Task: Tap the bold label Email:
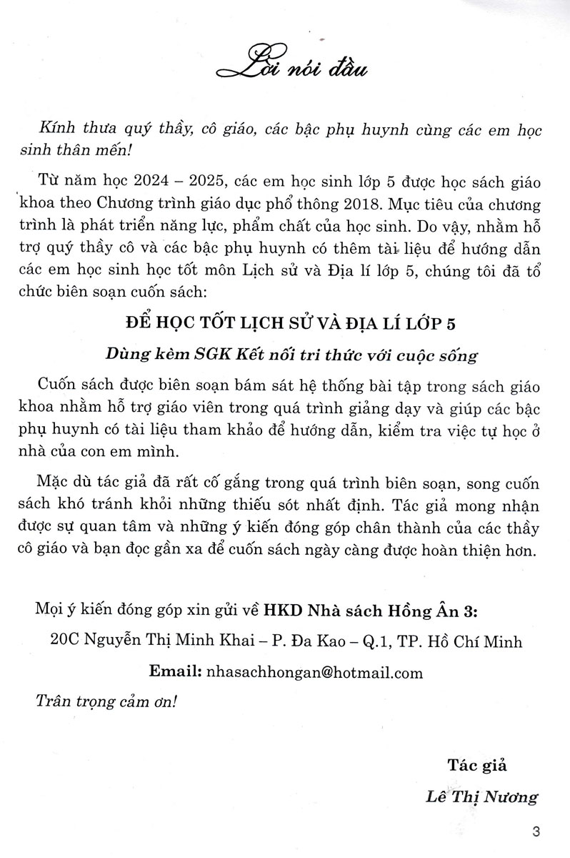175,672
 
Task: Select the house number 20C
66,641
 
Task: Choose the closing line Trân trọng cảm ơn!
105,702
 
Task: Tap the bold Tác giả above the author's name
476,766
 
